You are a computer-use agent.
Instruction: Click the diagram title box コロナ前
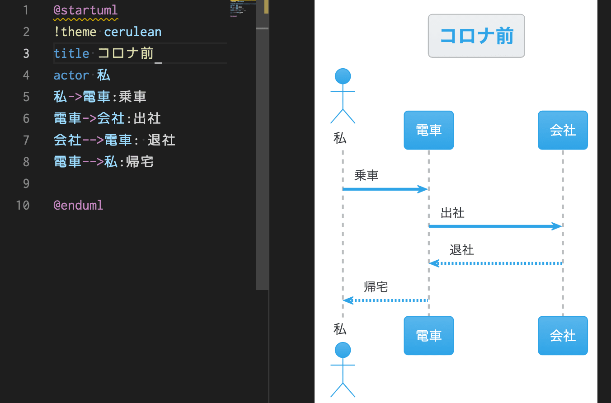[476, 36]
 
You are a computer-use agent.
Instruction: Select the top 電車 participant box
[428, 130]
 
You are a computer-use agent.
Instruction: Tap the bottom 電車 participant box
[428, 336]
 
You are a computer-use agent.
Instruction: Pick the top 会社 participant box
[563, 130]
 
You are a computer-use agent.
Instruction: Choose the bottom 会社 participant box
[563, 336]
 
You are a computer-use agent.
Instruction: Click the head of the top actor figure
[343, 76]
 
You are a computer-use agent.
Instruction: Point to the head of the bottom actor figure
[343, 350]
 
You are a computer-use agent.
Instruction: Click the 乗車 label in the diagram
[366, 175]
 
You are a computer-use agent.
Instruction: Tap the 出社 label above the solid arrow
[452, 213]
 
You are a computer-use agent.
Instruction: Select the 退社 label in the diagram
[461, 250]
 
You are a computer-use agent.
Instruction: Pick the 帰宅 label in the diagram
[376, 286]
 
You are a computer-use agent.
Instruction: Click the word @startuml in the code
[85, 10]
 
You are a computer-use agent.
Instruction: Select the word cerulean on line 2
[132, 32]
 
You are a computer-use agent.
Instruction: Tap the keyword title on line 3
[71, 53]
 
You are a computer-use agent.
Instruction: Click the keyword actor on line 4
[71, 75]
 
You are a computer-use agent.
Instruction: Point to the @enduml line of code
[78, 205]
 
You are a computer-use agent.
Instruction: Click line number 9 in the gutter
[26, 183]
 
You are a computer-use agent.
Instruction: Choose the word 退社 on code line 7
[161, 140]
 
